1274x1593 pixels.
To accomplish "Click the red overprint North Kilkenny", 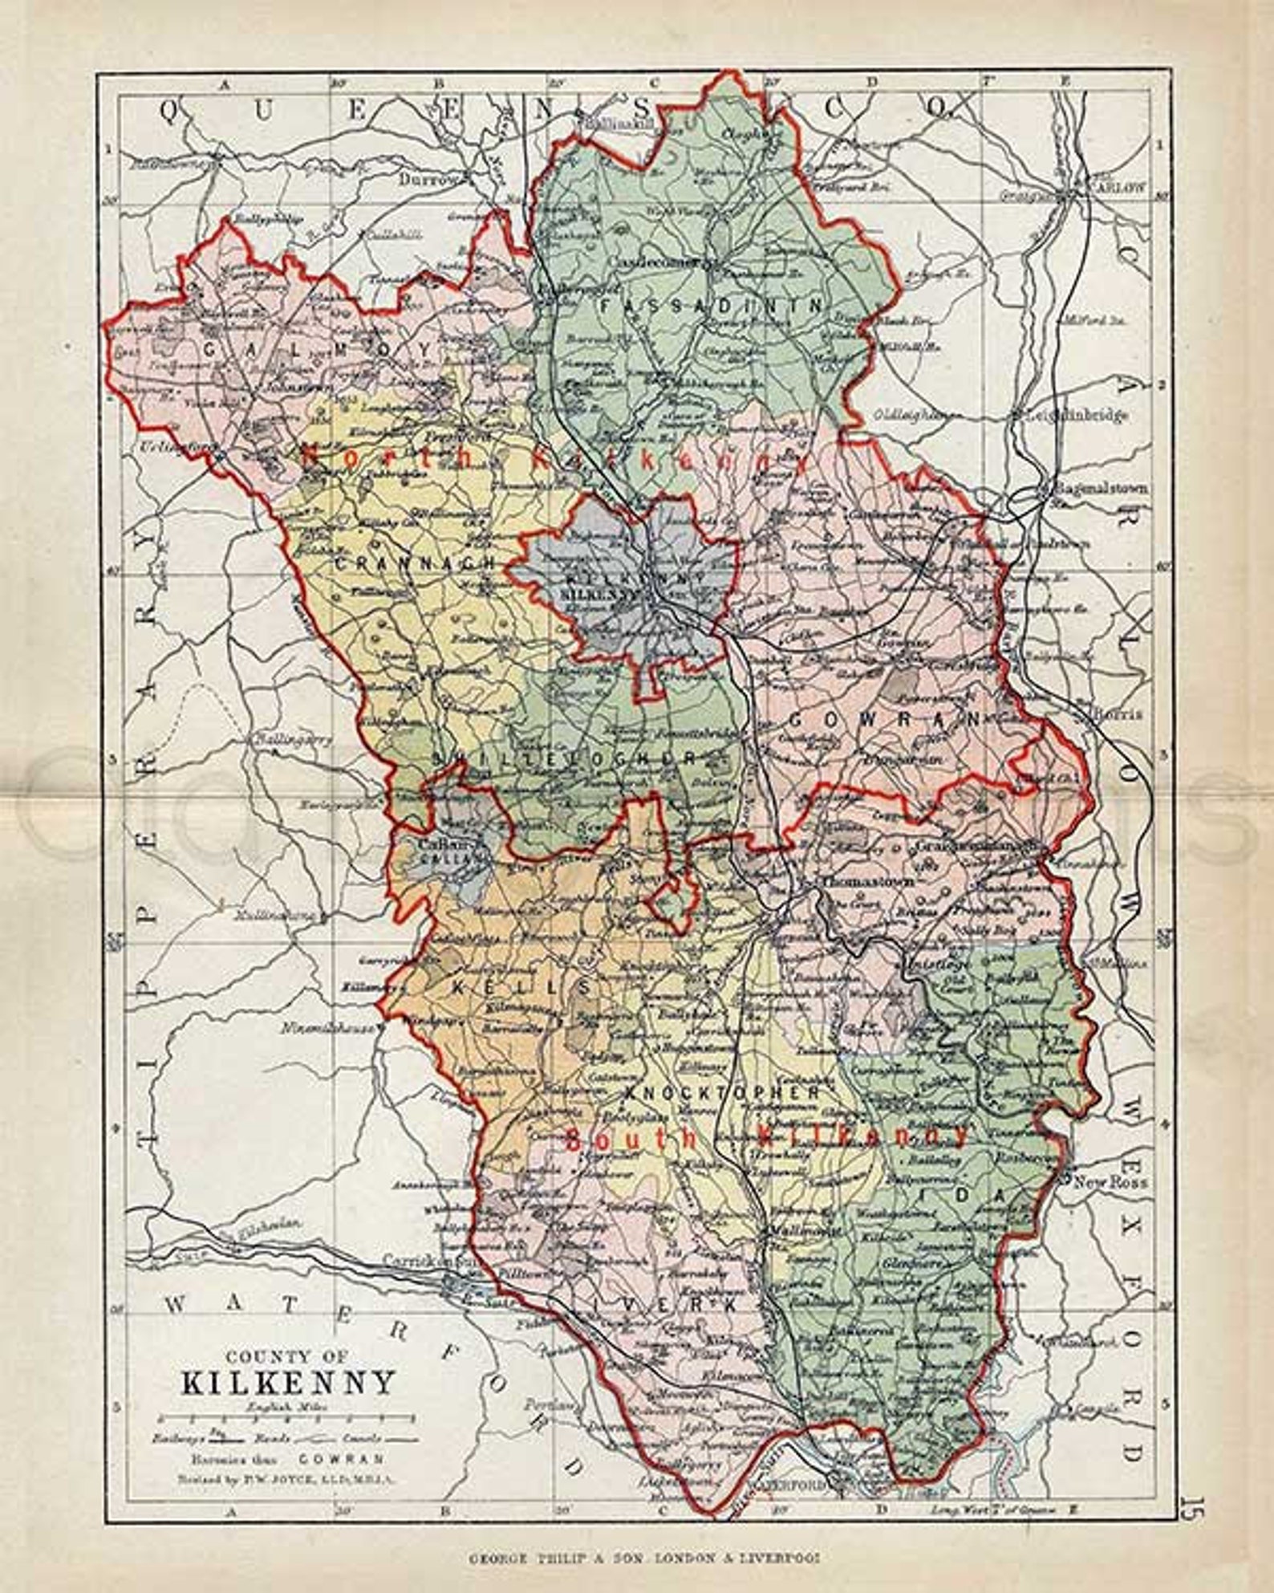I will tap(552, 460).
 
